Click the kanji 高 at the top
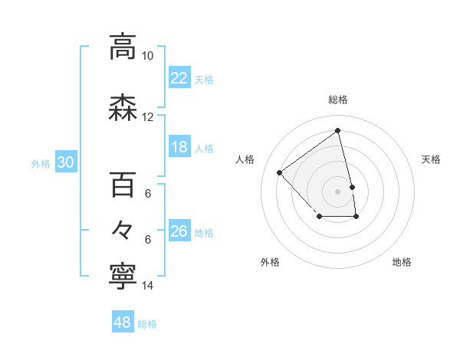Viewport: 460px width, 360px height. (123, 47)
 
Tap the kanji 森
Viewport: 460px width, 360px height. (123, 109)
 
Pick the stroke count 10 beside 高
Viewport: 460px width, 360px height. (147, 56)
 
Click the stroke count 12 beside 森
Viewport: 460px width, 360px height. (147, 117)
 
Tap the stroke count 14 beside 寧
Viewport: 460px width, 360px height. (147, 286)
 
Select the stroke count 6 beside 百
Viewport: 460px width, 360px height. (147, 194)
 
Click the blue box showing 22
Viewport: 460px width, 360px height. (179, 78)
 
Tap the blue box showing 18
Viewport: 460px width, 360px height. (179, 147)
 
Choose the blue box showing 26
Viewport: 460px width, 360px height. (179, 231)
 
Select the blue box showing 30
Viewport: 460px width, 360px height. (65, 162)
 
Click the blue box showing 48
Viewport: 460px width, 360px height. (123, 322)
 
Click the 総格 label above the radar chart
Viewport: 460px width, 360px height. (338, 100)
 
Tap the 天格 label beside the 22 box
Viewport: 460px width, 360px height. (204, 79)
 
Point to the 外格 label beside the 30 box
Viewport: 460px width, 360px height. (41, 163)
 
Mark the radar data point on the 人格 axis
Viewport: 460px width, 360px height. (280, 173)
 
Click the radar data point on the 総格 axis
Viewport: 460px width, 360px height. (338, 131)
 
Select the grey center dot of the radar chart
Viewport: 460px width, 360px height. (338, 191)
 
